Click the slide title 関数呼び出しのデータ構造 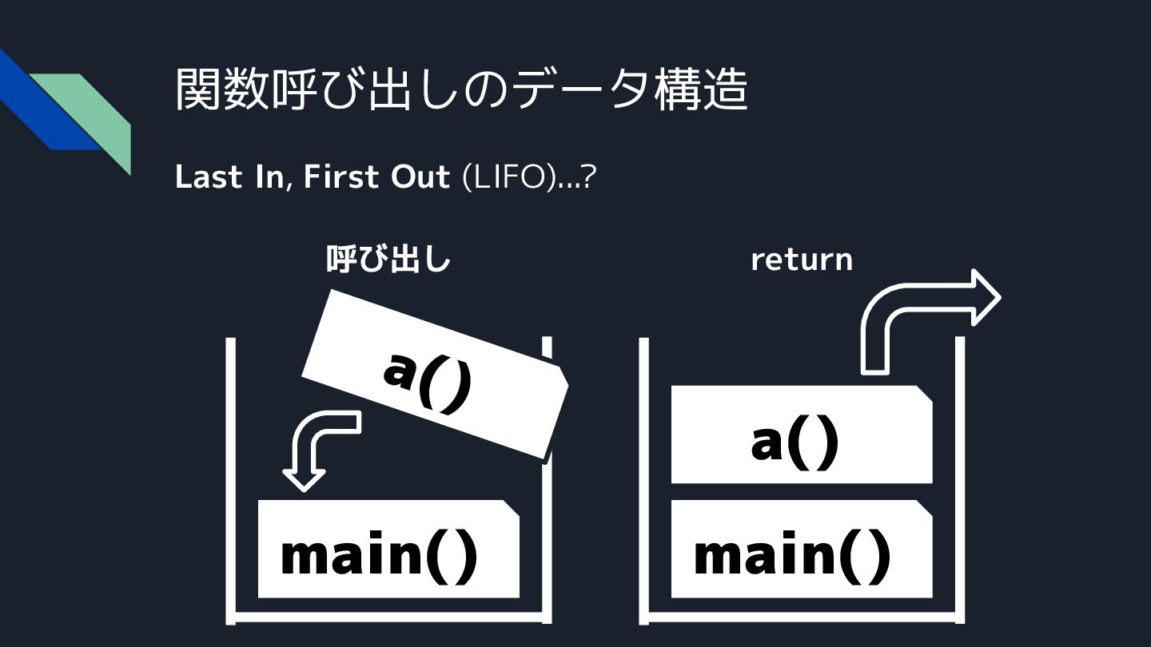click(461, 89)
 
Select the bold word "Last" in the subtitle click(208, 177)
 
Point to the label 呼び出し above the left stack click(388, 260)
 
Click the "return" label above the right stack click(801, 260)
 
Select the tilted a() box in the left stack click(434, 374)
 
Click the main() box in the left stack click(388, 550)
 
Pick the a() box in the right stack click(801, 435)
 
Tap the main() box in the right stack click(801, 550)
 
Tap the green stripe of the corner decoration click(96, 112)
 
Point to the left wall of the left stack click(230, 479)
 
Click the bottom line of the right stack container click(802, 617)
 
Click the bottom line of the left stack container click(389, 617)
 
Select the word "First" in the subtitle click(342, 177)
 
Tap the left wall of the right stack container click(643, 479)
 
